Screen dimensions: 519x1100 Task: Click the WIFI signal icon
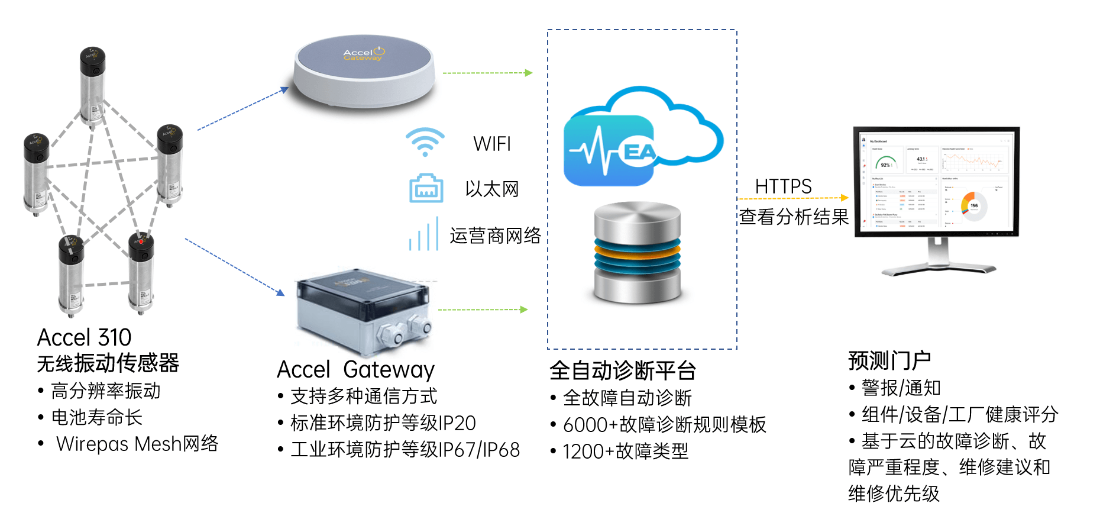425,143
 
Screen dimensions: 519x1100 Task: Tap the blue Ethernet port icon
426,189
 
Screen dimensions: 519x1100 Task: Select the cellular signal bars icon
423,234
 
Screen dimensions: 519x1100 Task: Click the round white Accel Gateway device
364,72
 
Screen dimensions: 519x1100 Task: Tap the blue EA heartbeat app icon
610,151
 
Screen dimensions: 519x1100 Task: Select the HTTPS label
783,186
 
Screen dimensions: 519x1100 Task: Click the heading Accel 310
84,337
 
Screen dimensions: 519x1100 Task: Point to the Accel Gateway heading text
355,370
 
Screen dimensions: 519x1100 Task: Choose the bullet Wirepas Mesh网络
137,444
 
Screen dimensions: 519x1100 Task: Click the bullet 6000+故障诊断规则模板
664,425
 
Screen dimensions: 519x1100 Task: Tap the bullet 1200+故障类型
625,452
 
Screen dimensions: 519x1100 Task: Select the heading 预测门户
889,360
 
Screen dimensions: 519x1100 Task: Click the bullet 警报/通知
901,388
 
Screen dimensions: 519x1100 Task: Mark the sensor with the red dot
141,272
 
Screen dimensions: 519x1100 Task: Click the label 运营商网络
495,236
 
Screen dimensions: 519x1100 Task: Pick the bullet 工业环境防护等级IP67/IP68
405,450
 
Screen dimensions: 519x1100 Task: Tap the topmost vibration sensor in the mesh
93,86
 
